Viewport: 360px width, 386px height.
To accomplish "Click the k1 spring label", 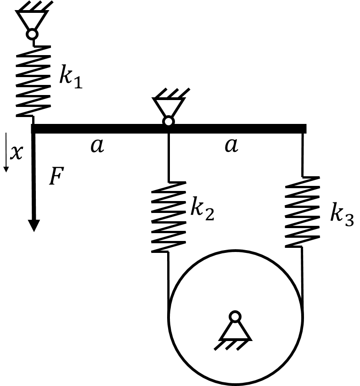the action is (x=71, y=76).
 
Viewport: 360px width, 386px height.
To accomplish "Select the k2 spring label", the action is (x=202, y=208).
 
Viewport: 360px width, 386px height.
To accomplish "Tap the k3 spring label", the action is (x=342, y=214).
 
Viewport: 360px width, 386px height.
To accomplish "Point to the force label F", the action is (x=56, y=176).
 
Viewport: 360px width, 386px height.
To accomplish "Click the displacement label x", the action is (x=17, y=152).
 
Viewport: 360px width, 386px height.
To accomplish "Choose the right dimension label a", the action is (x=231, y=145).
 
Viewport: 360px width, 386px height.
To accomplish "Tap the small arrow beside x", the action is (x=6, y=152).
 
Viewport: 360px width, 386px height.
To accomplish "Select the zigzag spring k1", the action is (x=33, y=81).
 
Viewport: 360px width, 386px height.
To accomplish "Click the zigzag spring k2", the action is (x=169, y=217).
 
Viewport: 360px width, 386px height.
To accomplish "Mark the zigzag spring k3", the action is (x=303, y=212).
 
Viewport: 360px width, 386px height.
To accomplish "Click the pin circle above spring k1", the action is (x=32, y=34).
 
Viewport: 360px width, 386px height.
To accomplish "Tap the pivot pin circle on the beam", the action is (x=169, y=122).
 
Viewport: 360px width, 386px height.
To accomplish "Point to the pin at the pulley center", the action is (x=235, y=317).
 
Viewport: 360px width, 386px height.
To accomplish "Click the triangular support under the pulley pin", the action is (x=235, y=331).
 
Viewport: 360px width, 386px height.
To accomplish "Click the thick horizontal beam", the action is (x=169, y=129).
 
